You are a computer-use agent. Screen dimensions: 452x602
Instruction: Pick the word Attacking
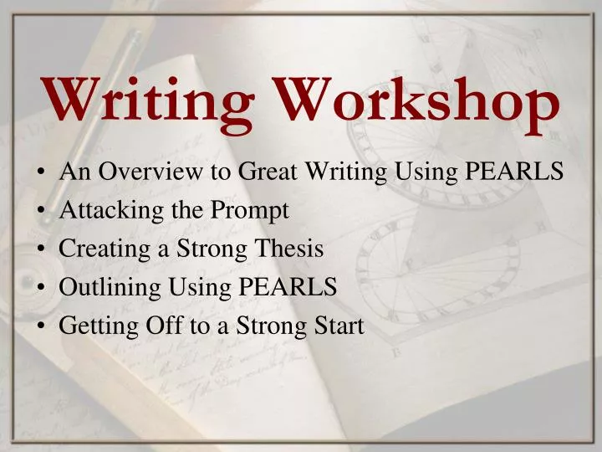point(100,211)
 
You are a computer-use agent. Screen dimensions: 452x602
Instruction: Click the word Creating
point(94,249)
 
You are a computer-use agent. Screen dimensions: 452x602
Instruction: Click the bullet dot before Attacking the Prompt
point(42,212)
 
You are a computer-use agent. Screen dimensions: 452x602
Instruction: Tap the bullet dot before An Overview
point(42,173)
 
